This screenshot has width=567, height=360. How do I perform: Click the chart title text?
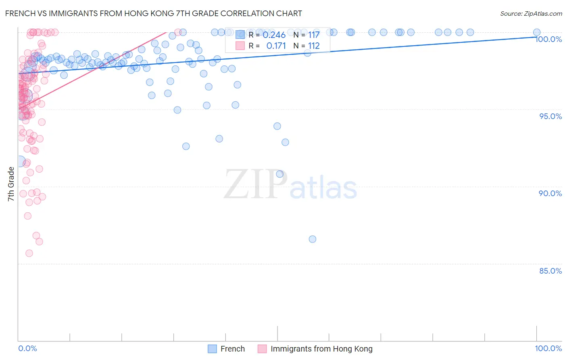pyautogui.click(x=153, y=13)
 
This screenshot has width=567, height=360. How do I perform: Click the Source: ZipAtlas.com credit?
pyautogui.click(x=531, y=13)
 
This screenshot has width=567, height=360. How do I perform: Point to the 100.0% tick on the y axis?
pyautogui.click(x=548, y=39)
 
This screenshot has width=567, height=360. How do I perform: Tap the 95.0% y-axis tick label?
pyautogui.click(x=550, y=116)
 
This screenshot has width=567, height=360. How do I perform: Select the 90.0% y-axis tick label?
pyautogui.click(x=550, y=193)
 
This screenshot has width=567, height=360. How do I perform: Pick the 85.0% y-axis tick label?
pyautogui.click(x=550, y=271)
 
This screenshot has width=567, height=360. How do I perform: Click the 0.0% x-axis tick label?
pyautogui.click(x=27, y=348)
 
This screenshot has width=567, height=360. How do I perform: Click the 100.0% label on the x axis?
pyautogui.click(x=548, y=348)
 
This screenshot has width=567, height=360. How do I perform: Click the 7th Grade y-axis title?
pyautogui.click(x=11, y=184)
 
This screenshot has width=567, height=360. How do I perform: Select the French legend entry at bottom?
pyautogui.click(x=232, y=349)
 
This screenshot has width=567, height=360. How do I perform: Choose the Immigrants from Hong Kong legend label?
pyautogui.click(x=321, y=349)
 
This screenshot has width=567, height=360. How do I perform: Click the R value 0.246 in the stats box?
pyautogui.click(x=274, y=35)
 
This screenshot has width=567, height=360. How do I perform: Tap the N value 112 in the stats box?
pyautogui.click(x=314, y=46)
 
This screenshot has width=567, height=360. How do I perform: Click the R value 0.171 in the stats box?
pyautogui.click(x=276, y=46)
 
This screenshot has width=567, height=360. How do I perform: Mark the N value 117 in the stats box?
pyautogui.click(x=314, y=35)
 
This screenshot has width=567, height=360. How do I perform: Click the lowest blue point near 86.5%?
pyautogui.click(x=313, y=239)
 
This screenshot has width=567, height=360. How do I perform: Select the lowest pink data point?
pyautogui.click(x=29, y=253)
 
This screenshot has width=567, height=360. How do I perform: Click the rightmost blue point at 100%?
pyautogui.click(x=537, y=32)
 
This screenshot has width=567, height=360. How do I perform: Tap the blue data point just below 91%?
pyautogui.click(x=280, y=174)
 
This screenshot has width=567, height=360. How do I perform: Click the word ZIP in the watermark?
pyautogui.click(x=255, y=185)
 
